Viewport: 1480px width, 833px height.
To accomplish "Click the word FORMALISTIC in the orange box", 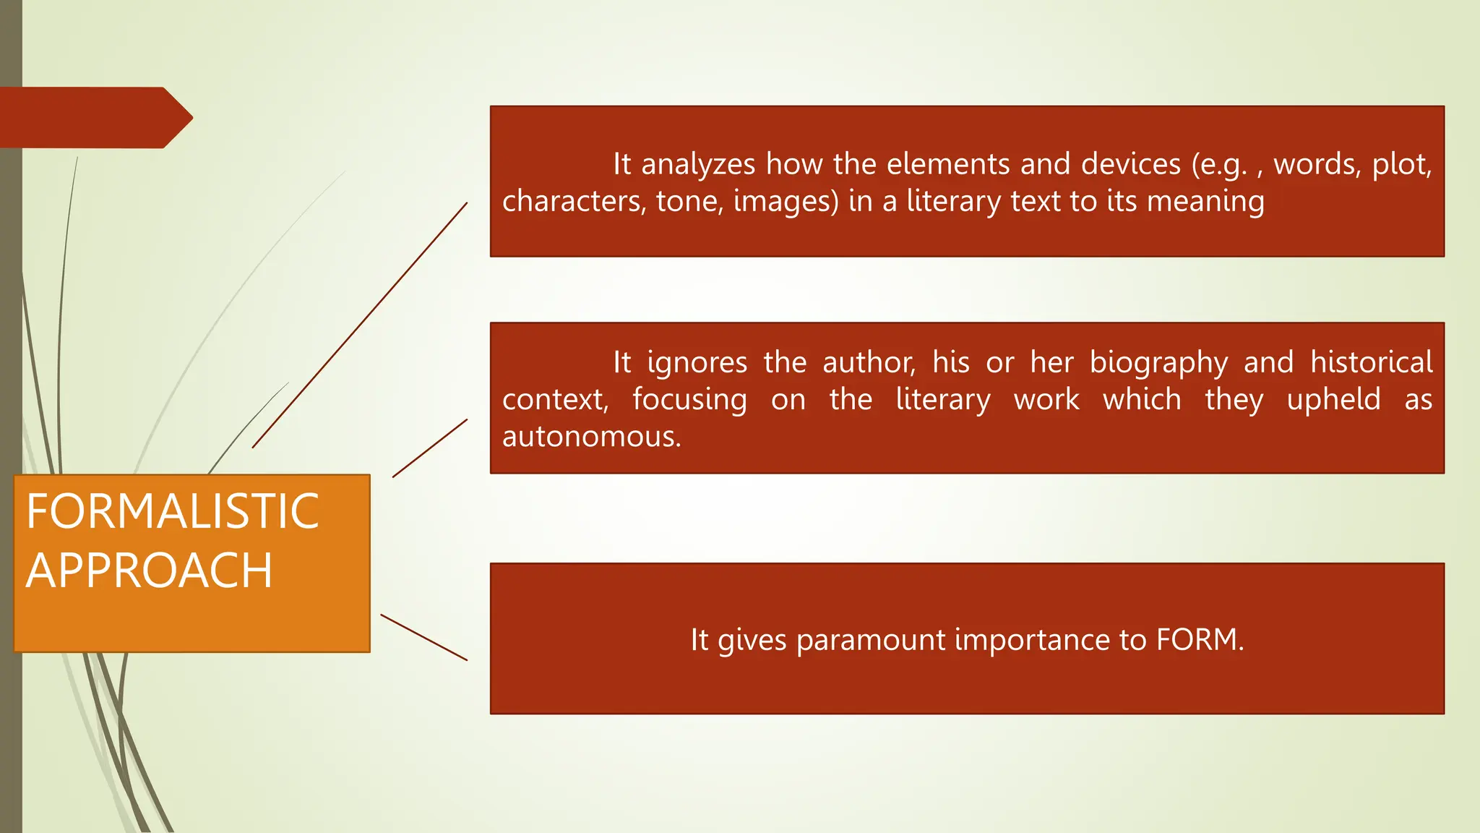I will tap(172, 511).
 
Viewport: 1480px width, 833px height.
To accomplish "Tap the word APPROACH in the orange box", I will tap(149, 571).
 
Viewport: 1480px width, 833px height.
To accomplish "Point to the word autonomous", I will tap(591, 437).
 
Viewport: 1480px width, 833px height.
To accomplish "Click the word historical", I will tap(1371, 362).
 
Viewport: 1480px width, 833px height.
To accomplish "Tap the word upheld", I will tap(1333, 400).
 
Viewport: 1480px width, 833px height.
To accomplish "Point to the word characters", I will tap(574, 202).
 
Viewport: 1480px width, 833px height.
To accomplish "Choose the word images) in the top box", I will tap(786, 202).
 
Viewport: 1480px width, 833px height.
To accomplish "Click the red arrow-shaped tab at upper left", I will tap(94, 118).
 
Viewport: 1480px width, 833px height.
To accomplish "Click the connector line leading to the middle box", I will tap(430, 448).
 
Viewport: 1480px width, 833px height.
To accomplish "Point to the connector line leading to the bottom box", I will tap(423, 637).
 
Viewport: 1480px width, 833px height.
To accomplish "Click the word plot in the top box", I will tap(1401, 165).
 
